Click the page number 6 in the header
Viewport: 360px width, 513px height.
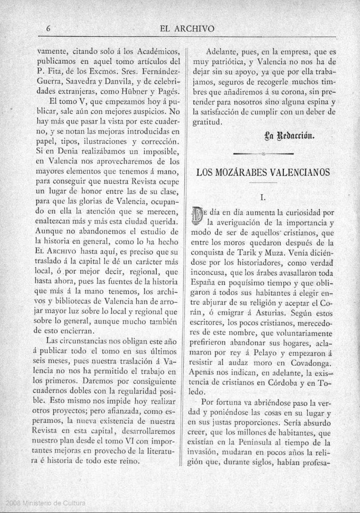point(49,29)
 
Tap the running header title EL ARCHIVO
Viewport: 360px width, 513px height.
point(186,29)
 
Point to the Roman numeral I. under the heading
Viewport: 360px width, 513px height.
point(263,197)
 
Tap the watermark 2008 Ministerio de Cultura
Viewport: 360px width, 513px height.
point(43,502)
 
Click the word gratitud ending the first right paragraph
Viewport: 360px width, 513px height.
point(207,121)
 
